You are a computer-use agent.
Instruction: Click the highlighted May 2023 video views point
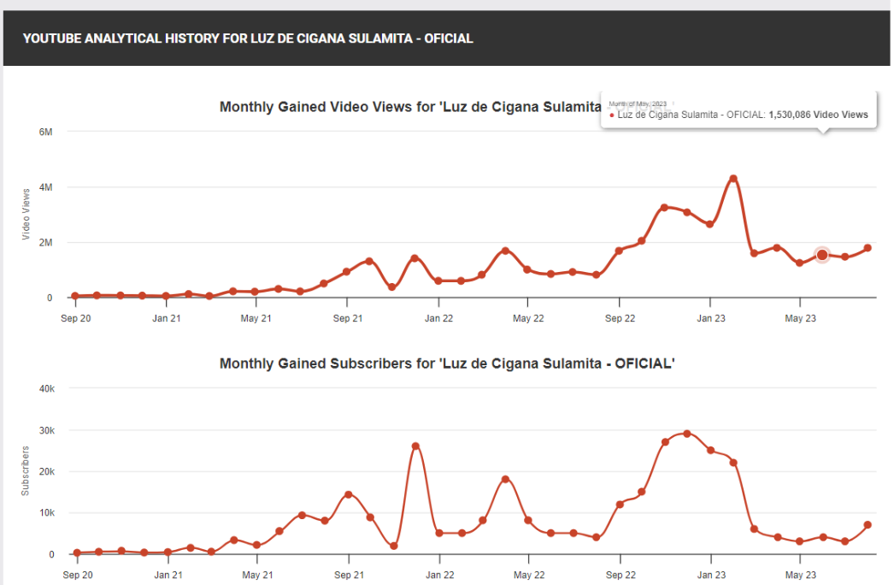(822, 255)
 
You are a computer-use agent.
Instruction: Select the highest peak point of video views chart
(732, 179)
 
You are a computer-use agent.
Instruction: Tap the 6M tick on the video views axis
(45, 132)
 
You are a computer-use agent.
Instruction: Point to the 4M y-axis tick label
(45, 187)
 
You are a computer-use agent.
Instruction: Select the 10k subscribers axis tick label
(47, 513)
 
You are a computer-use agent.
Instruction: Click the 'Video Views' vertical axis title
(26, 213)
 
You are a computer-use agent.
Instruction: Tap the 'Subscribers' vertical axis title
(26, 470)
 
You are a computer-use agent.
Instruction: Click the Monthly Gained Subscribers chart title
(447, 363)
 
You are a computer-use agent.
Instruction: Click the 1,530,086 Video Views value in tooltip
(818, 115)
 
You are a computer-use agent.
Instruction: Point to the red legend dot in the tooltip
(612, 115)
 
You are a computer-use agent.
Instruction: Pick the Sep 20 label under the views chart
(75, 318)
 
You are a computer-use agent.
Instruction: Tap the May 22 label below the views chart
(528, 318)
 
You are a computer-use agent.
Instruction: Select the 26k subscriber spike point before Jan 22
(415, 446)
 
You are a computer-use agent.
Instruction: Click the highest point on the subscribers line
(687, 434)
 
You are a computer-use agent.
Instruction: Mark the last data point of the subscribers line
(868, 525)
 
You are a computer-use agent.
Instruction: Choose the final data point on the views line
(868, 248)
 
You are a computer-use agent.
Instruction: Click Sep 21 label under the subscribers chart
(348, 575)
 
